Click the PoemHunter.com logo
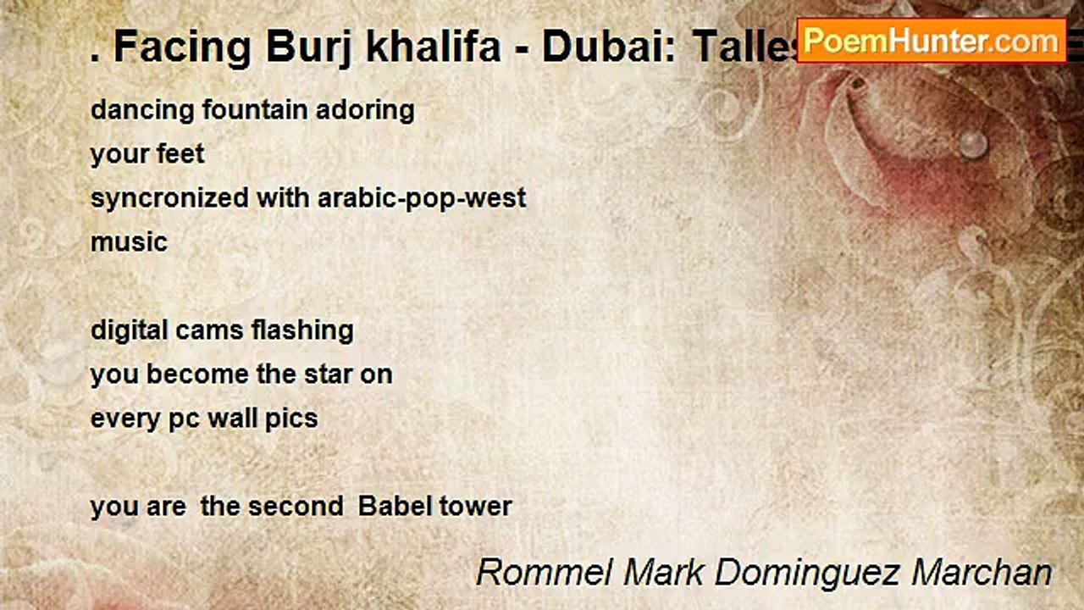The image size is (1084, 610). [931, 40]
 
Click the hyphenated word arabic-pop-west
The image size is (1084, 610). [422, 198]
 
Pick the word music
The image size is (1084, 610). [129, 242]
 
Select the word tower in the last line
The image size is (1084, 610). [476, 507]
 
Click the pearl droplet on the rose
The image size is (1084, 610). [973, 143]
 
